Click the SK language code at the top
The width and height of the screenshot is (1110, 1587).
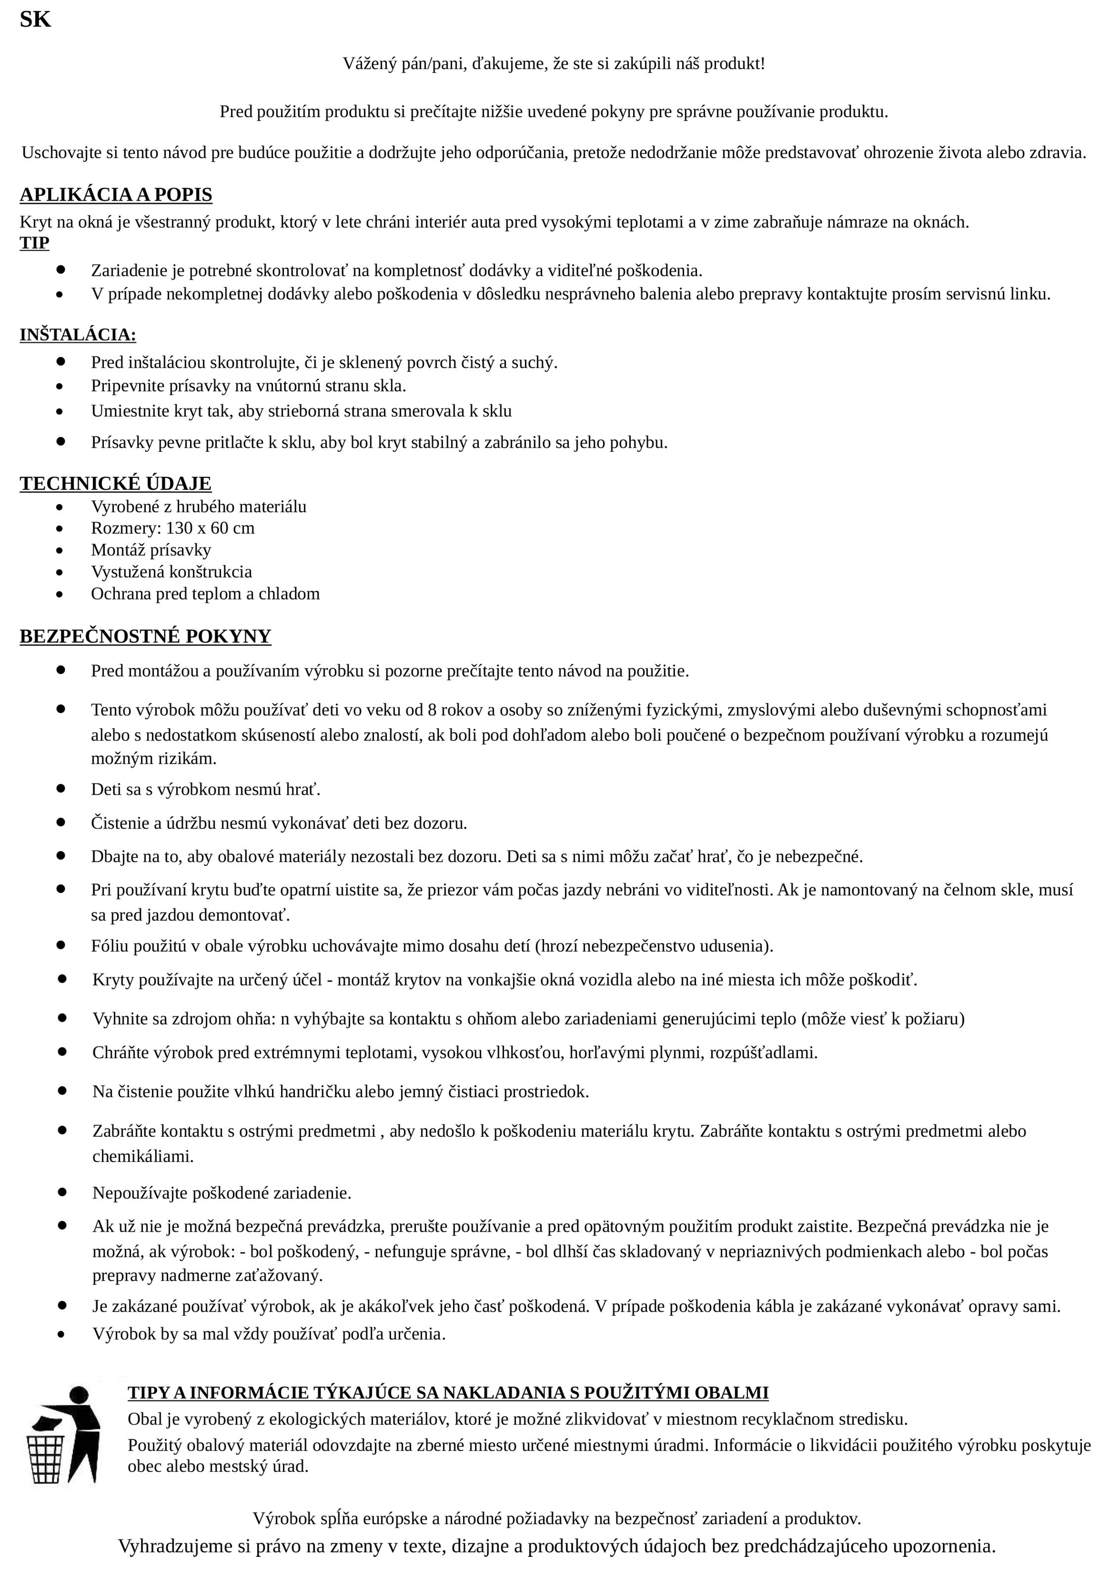[35, 19]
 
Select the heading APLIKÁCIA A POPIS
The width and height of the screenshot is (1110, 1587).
[115, 195]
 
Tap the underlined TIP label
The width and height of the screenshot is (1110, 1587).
[35, 243]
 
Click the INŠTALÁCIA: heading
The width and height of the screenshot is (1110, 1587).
[78, 335]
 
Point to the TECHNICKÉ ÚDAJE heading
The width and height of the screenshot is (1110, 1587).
[115, 483]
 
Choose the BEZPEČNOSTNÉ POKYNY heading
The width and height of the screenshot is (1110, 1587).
[145, 636]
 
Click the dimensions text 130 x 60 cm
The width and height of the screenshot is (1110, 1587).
[210, 528]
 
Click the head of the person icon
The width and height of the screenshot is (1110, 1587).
[78, 1396]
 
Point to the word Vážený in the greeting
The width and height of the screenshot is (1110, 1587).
[368, 64]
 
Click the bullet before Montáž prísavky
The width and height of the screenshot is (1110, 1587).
[61, 551]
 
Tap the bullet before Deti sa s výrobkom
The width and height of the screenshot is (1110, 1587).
[61, 788]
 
